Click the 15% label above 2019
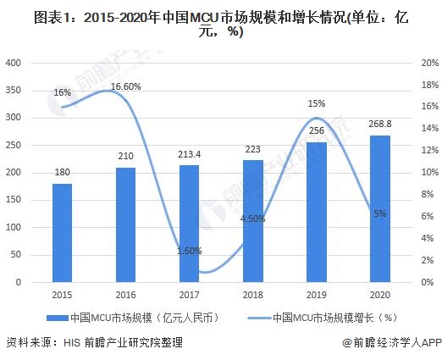click(x=317, y=103)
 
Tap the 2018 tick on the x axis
click(x=252, y=293)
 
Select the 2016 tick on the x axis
click(x=125, y=293)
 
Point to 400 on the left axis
click(x=14, y=63)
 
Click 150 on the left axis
click(x=14, y=200)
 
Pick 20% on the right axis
click(x=428, y=63)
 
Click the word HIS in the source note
click(x=71, y=343)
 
